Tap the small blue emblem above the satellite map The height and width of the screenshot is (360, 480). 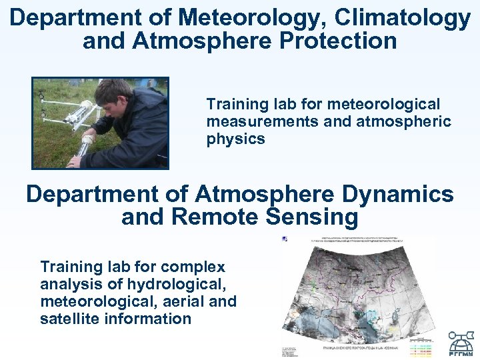coord(285,239)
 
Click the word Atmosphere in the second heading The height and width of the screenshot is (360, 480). coord(263,194)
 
